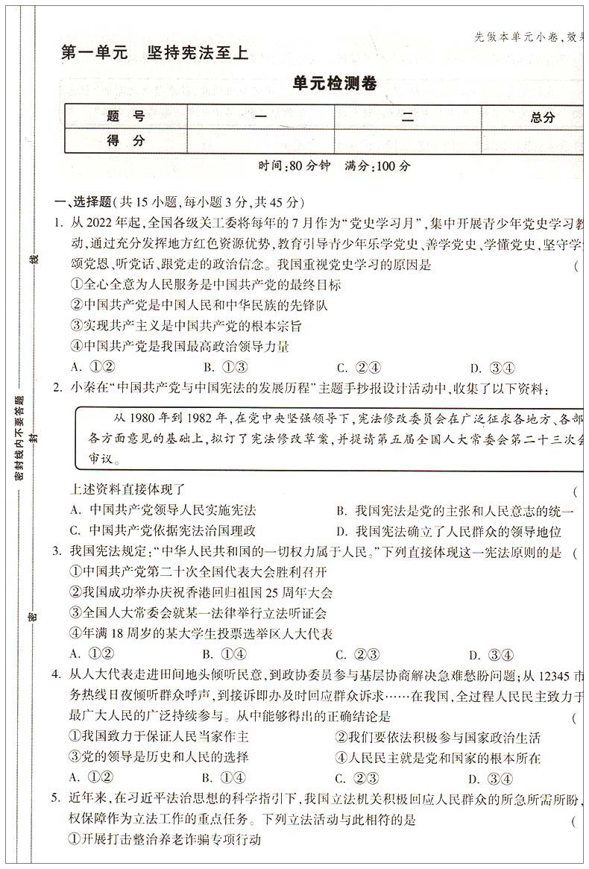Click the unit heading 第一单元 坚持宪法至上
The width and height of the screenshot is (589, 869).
point(153,53)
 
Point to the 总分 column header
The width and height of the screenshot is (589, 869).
point(542,117)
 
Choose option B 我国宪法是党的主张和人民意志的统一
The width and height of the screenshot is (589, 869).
point(455,511)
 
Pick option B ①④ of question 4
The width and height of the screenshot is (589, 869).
point(224,779)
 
